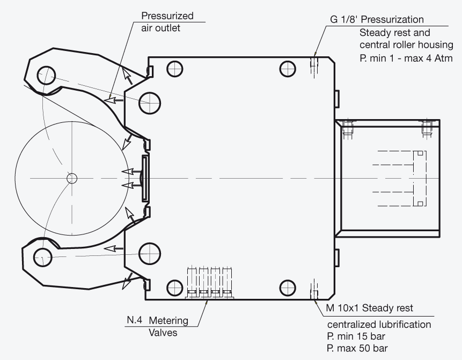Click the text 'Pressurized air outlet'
(167, 22)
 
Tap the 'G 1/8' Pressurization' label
(377, 19)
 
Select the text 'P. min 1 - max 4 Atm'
(406, 58)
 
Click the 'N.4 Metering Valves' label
(158, 326)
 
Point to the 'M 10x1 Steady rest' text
(370, 308)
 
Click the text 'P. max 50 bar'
(357, 348)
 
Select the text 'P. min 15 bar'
(356, 336)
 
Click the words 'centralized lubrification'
(379, 325)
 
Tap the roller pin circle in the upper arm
(46, 75)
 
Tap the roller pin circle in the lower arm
(43, 257)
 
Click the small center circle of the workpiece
(72, 178)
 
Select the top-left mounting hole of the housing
(175, 69)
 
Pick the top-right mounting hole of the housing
(287, 69)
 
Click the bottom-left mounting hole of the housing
(175, 288)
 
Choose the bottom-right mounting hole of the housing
(287, 288)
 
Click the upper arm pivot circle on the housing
(150, 103)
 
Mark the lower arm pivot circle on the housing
(150, 254)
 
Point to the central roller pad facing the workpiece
(145, 179)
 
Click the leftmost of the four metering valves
(192, 282)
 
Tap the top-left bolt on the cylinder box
(348, 128)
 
